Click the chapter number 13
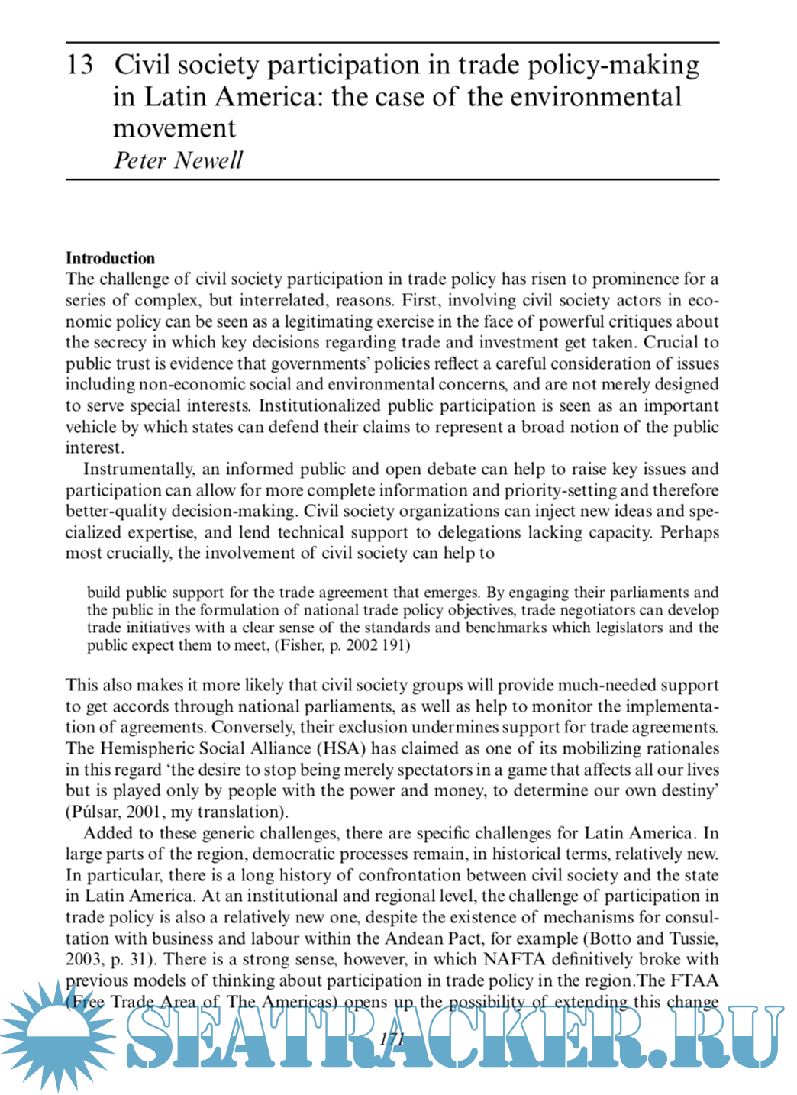tap(79, 65)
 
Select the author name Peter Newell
tap(178, 160)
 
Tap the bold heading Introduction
tap(110, 258)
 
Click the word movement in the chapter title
tap(174, 128)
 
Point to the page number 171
tap(391, 1038)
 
